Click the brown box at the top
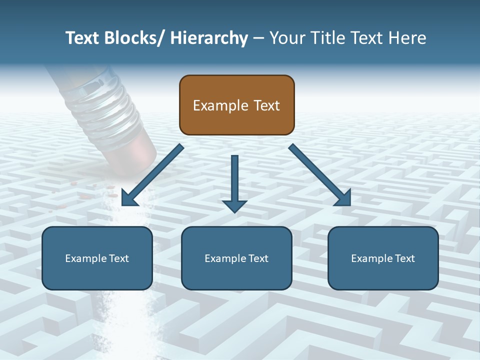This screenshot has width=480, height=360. click(236, 105)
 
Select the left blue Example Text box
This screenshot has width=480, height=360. click(97, 258)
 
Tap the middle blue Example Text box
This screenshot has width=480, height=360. click(236, 258)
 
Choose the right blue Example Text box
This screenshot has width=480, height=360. click(383, 258)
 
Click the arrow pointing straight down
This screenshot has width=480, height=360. click(234, 185)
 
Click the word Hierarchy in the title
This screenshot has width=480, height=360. click(209, 38)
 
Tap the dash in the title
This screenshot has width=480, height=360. click(258, 38)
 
